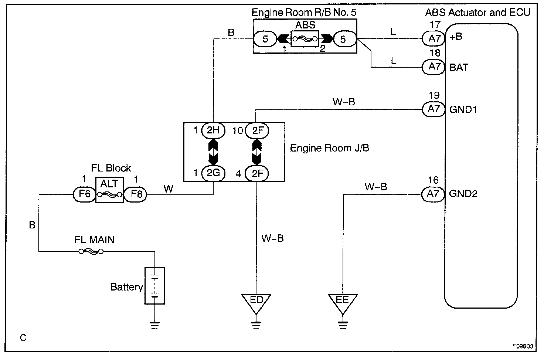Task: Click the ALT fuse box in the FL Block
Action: (109, 190)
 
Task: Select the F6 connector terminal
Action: (85, 194)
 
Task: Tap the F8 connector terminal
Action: (136, 194)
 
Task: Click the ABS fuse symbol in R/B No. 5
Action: (305, 38)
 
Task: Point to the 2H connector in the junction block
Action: (213, 130)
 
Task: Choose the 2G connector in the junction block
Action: (213, 173)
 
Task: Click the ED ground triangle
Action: (256, 301)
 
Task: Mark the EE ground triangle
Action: (343, 301)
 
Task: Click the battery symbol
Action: (154, 286)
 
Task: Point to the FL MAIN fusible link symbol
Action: (91, 252)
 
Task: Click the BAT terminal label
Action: (459, 67)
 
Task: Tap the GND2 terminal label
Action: (463, 194)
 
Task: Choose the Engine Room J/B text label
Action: (329, 148)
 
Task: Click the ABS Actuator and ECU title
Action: (477, 13)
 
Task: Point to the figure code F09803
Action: (523, 346)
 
